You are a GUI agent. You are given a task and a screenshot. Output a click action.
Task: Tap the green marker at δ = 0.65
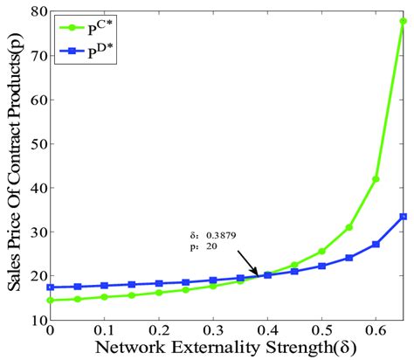(x=403, y=22)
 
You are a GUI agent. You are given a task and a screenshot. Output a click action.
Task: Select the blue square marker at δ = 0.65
(x=403, y=217)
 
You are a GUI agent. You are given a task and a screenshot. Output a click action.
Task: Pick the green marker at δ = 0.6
(x=376, y=179)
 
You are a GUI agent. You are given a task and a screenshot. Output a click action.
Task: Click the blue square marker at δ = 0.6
(x=376, y=244)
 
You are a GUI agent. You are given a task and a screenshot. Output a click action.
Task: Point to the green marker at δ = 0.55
(x=348, y=227)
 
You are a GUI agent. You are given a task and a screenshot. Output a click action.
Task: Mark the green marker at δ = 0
(x=50, y=300)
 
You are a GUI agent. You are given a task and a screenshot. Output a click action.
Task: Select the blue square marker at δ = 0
(x=50, y=287)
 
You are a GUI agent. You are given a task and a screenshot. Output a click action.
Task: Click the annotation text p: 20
(x=206, y=246)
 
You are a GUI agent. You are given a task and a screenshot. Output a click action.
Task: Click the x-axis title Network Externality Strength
(x=226, y=349)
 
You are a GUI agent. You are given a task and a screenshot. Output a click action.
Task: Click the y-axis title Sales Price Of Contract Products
(x=12, y=166)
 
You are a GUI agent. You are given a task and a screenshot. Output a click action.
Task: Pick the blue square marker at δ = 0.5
(x=321, y=266)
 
